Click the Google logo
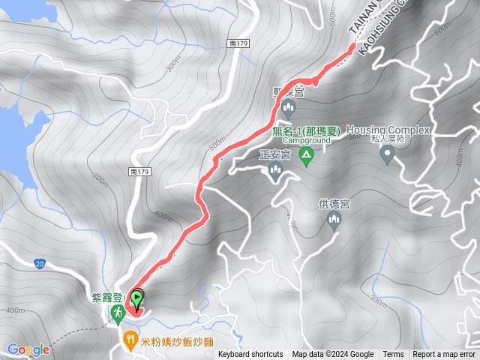pyautogui.click(x=28, y=349)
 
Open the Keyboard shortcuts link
pyautogui.click(x=250, y=355)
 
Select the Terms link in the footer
pyautogui.click(x=393, y=355)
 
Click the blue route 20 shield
pyautogui.click(x=39, y=263)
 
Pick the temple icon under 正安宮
pyautogui.click(x=274, y=173)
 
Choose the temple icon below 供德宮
pyautogui.click(x=334, y=220)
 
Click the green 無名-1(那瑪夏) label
pyautogui.click(x=311, y=130)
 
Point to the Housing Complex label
pyautogui.click(x=388, y=130)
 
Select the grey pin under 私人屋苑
pyautogui.click(x=388, y=155)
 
